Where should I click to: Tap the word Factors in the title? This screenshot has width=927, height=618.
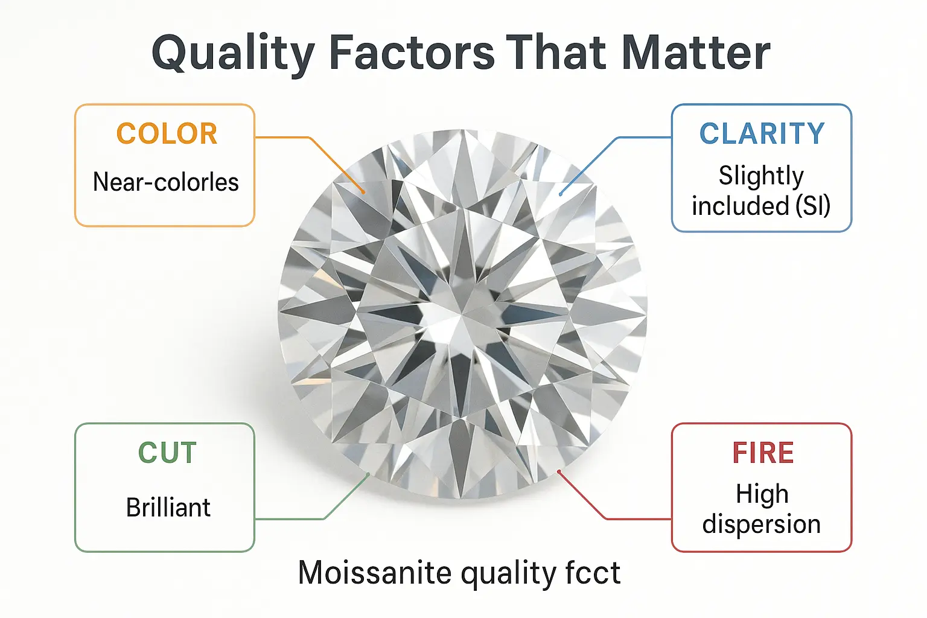(x=412, y=53)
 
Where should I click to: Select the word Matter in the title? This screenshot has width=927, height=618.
(x=696, y=53)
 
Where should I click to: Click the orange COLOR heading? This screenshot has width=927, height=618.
(x=167, y=133)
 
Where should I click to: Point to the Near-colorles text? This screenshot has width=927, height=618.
(x=165, y=182)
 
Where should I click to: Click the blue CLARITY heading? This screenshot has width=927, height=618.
(x=762, y=133)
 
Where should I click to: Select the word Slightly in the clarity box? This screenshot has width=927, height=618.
(x=761, y=176)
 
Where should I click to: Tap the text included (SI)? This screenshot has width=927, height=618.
(x=761, y=205)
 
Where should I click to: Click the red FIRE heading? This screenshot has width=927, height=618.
(x=763, y=453)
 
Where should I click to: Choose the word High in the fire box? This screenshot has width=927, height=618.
(x=762, y=494)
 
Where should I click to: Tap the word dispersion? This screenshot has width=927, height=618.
(x=762, y=524)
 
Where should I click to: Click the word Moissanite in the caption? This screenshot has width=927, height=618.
(x=375, y=573)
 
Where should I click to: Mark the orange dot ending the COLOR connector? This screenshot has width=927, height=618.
(x=363, y=192)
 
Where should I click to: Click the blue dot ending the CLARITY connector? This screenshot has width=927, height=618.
(x=560, y=194)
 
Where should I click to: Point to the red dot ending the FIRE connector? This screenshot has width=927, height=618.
(x=559, y=471)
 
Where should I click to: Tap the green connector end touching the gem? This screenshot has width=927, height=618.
(x=368, y=474)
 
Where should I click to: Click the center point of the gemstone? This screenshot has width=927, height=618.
(x=462, y=313)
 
